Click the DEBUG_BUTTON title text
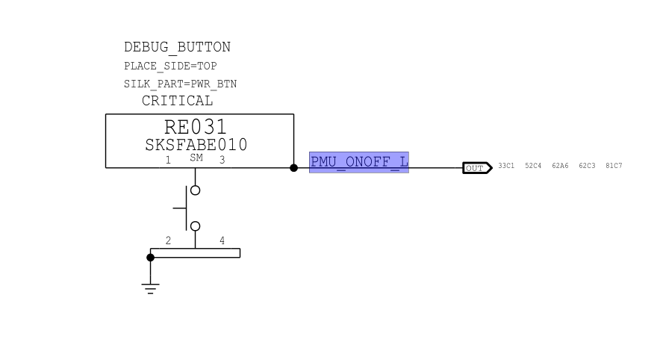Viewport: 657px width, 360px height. pos(177,47)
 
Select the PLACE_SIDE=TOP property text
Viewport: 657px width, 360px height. pos(170,66)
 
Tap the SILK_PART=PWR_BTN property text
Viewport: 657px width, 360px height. pos(180,84)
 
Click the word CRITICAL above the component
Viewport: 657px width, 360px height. pos(177,101)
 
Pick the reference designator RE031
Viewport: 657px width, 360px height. pos(195,128)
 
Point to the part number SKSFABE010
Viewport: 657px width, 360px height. pos(196,145)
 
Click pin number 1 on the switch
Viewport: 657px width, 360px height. pos(168,160)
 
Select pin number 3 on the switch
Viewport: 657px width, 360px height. pos(222,160)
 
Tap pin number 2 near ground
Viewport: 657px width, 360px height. pos(168,240)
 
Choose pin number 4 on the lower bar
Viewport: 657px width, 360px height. pos(222,240)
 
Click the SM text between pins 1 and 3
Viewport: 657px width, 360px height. pos(196,158)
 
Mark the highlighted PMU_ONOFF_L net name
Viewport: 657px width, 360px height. pos(359,162)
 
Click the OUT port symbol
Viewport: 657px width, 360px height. pos(476,168)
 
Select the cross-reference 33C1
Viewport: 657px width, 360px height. pos(506,166)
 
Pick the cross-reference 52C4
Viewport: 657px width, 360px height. pos(533,166)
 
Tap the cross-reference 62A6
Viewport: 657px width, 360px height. pos(560,166)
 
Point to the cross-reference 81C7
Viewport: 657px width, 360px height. pos(614,166)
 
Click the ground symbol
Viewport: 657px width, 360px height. pos(151,286)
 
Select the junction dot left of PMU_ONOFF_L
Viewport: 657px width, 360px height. pos(293,168)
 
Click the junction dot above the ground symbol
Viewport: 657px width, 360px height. pos(150,258)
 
